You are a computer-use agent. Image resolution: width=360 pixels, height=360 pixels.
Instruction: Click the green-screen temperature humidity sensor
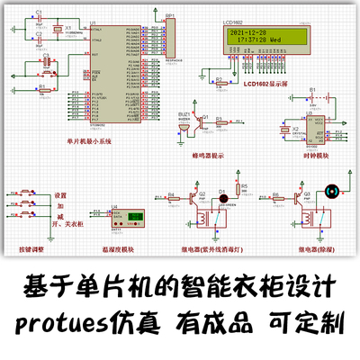[x=136, y=218]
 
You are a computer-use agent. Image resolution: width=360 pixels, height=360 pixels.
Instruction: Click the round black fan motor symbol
[x=330, y=191]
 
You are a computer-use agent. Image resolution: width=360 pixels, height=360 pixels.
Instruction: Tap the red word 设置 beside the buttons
[x=60, y=195]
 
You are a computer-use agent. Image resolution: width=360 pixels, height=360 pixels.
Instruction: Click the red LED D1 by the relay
[x=224, y=193]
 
